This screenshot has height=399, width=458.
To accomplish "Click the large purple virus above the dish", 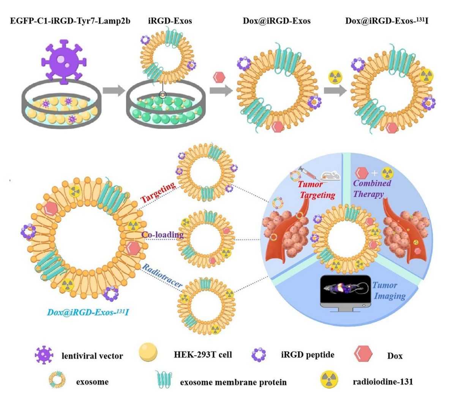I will pos(61,61).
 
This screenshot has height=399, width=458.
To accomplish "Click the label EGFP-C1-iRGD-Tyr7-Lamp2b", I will pos(69,21).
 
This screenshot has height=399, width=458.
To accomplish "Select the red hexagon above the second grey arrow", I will pos(219,77).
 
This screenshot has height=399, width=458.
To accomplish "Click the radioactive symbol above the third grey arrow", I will pos(335,77).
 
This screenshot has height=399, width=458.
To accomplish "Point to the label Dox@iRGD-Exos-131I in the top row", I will pos(387,21).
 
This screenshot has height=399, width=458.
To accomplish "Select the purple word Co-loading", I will pos(162,234).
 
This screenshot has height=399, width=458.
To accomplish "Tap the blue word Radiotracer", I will pos(162,277).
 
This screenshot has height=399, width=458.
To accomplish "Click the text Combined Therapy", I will pos(372,188).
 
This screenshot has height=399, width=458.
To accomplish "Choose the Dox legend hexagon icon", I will pos(362,355).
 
